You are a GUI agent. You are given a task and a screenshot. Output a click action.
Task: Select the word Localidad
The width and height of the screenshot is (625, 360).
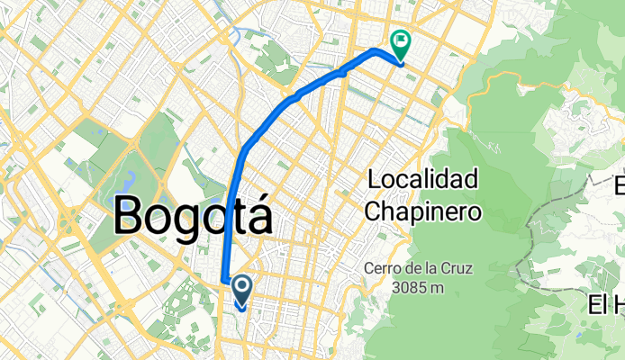[x=422, y=180]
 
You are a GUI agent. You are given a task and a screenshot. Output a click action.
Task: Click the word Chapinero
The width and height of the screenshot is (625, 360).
[x=424, y=211]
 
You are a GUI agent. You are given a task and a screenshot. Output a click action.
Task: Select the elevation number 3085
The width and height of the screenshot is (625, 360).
[x=407, y=287]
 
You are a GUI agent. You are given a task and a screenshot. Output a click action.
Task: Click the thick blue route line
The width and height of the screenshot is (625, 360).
[x=270, y=118]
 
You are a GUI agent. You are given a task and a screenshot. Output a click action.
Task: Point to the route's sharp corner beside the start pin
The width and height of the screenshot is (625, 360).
[x=223, y=279]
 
